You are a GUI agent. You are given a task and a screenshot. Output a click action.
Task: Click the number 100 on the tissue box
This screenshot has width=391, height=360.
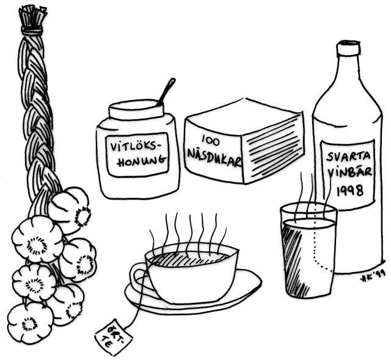click(211, 140)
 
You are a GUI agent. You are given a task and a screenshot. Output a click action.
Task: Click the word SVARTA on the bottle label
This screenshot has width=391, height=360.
click(349, 156)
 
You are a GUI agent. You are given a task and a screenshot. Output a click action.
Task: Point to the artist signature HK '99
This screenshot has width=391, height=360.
click(372, 278)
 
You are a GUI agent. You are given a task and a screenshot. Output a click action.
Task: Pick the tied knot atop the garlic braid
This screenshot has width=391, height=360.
click(32, 31)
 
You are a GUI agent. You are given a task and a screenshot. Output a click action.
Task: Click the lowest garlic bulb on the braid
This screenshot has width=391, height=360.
click(30, 323)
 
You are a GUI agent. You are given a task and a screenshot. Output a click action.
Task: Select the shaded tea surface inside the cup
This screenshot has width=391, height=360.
click(189, 258)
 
